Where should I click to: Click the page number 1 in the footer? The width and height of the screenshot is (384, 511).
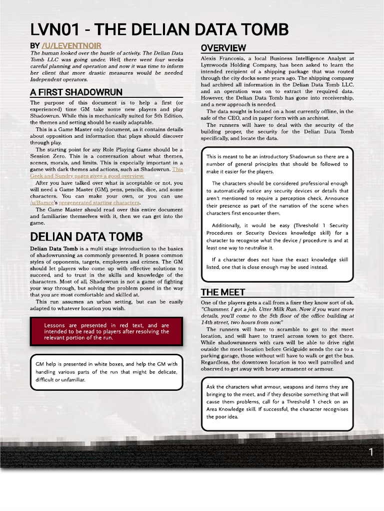371,452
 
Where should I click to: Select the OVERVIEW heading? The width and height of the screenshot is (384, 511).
223,48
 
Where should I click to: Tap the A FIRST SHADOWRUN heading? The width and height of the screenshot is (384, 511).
76,92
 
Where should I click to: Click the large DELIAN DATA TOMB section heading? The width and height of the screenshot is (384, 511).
86,236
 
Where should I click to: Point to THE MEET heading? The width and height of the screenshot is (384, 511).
223,292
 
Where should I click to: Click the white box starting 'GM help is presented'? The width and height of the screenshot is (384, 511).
106,372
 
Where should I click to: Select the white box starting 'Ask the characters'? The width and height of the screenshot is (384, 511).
276,402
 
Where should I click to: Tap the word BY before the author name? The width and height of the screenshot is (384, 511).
35,46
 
